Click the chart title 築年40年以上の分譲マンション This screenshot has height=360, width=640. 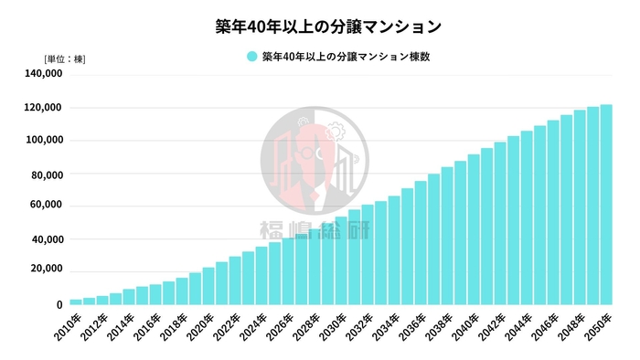320,25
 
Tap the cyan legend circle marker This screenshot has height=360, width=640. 251,57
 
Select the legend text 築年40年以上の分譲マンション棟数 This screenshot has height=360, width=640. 345,57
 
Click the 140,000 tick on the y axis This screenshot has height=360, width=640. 44,75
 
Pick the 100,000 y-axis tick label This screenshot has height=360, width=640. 44,141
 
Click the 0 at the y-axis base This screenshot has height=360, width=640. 59,304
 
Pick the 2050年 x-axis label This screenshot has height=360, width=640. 601,324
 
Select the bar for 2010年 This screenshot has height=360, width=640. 76,302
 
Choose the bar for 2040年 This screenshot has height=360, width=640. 474,229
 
